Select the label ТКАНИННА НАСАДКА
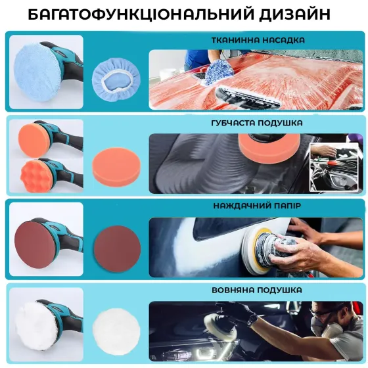(x=258, y=41)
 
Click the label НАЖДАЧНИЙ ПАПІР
(x=257, y=206)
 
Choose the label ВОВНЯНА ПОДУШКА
(x=257, y=290)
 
